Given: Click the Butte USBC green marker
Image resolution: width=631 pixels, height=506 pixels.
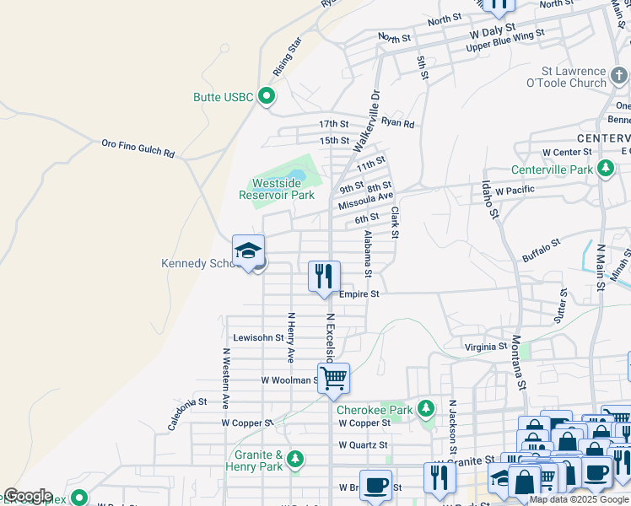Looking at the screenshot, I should click(x=267, y=96).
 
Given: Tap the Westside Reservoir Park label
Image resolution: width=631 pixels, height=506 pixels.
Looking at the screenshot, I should click(x=277, y=189).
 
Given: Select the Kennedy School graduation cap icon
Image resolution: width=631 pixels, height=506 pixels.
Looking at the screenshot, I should click(x=249, y=250).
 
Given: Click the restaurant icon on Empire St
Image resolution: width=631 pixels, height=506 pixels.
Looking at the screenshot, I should click(x=324, y=276).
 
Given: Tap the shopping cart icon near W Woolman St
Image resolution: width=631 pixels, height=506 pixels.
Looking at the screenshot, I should click(x=334, y=378).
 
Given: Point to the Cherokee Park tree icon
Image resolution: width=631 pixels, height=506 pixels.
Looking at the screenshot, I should click(x=426, y=410).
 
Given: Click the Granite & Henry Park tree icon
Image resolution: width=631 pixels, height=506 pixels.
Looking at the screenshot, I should click(x=294, y=459).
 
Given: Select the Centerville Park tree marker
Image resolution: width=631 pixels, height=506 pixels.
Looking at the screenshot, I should click(x=605, y=169).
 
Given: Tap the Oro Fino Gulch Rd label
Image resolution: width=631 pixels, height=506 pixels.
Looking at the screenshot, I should click(x=138, y=148).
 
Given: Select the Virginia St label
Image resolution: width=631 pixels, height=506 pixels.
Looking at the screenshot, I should click(x=486, y=347).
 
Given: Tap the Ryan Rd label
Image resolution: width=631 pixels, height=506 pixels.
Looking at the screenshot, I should click(x=397, y=123).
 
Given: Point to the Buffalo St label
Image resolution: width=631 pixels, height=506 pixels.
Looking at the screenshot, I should click(x=541, y=249).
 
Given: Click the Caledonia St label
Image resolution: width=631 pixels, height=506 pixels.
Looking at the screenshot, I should click(x=186, y=413).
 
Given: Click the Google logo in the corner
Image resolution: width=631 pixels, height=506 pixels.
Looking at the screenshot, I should click(x=27, y=496).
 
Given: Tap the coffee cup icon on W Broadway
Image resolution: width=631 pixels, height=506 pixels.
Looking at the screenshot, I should click(x=375, y=485).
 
